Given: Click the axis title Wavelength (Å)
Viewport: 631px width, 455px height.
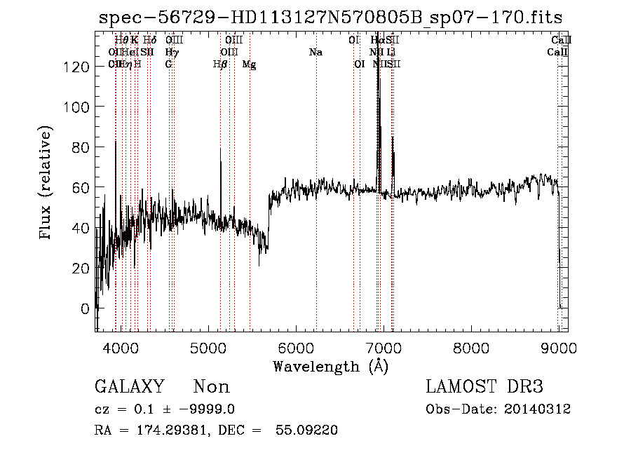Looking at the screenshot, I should pos(330,366).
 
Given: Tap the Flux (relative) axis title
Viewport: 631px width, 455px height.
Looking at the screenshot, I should pos(47,184).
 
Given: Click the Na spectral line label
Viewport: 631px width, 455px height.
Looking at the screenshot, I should pos(315,53).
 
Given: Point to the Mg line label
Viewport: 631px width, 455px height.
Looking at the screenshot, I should pos(249,64).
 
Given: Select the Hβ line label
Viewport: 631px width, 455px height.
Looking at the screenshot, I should pos(220,64).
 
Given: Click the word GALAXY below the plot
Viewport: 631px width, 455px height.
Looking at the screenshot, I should pos(129,387).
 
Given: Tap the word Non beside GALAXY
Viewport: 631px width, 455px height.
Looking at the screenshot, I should pos(211,387).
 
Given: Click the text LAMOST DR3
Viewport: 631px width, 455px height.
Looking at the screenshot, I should pos(484,387).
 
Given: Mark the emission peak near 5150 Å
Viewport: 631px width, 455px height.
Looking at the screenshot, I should pos(220,148).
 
